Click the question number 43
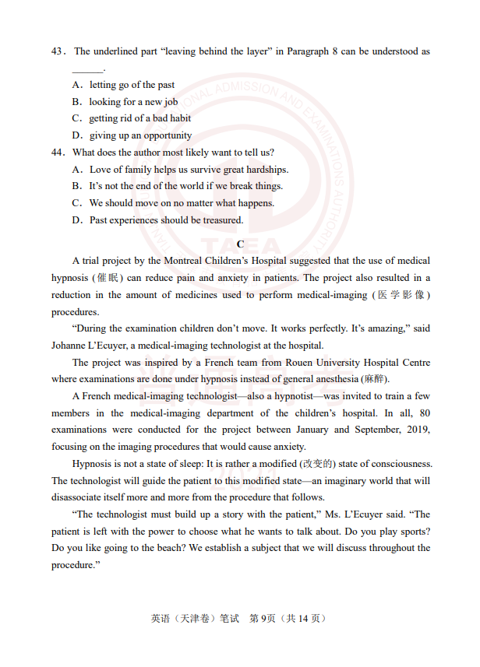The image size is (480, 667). pos(57,51)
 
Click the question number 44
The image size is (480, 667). pos(57,153)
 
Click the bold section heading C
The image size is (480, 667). pos(240,244)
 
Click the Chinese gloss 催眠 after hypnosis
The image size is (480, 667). pos(104,278)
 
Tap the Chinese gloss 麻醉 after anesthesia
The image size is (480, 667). pos(373,380)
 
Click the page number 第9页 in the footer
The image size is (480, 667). pos(263,619)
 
